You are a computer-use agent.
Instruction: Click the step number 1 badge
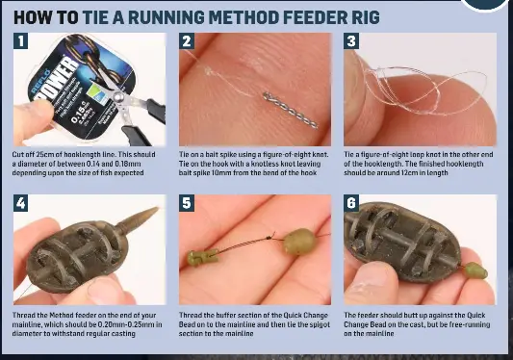click(x=22, y=42)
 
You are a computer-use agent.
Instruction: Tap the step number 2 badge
click(x=188, y=42)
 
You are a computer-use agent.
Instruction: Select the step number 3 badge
click(x=352, y=42)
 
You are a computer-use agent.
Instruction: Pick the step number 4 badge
click(x=22, y=204)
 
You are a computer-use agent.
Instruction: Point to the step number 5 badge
click(x=188, y=204)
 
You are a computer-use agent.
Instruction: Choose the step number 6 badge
click(x=352, y=204)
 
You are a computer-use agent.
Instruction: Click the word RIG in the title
click(x=361, y=16)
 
